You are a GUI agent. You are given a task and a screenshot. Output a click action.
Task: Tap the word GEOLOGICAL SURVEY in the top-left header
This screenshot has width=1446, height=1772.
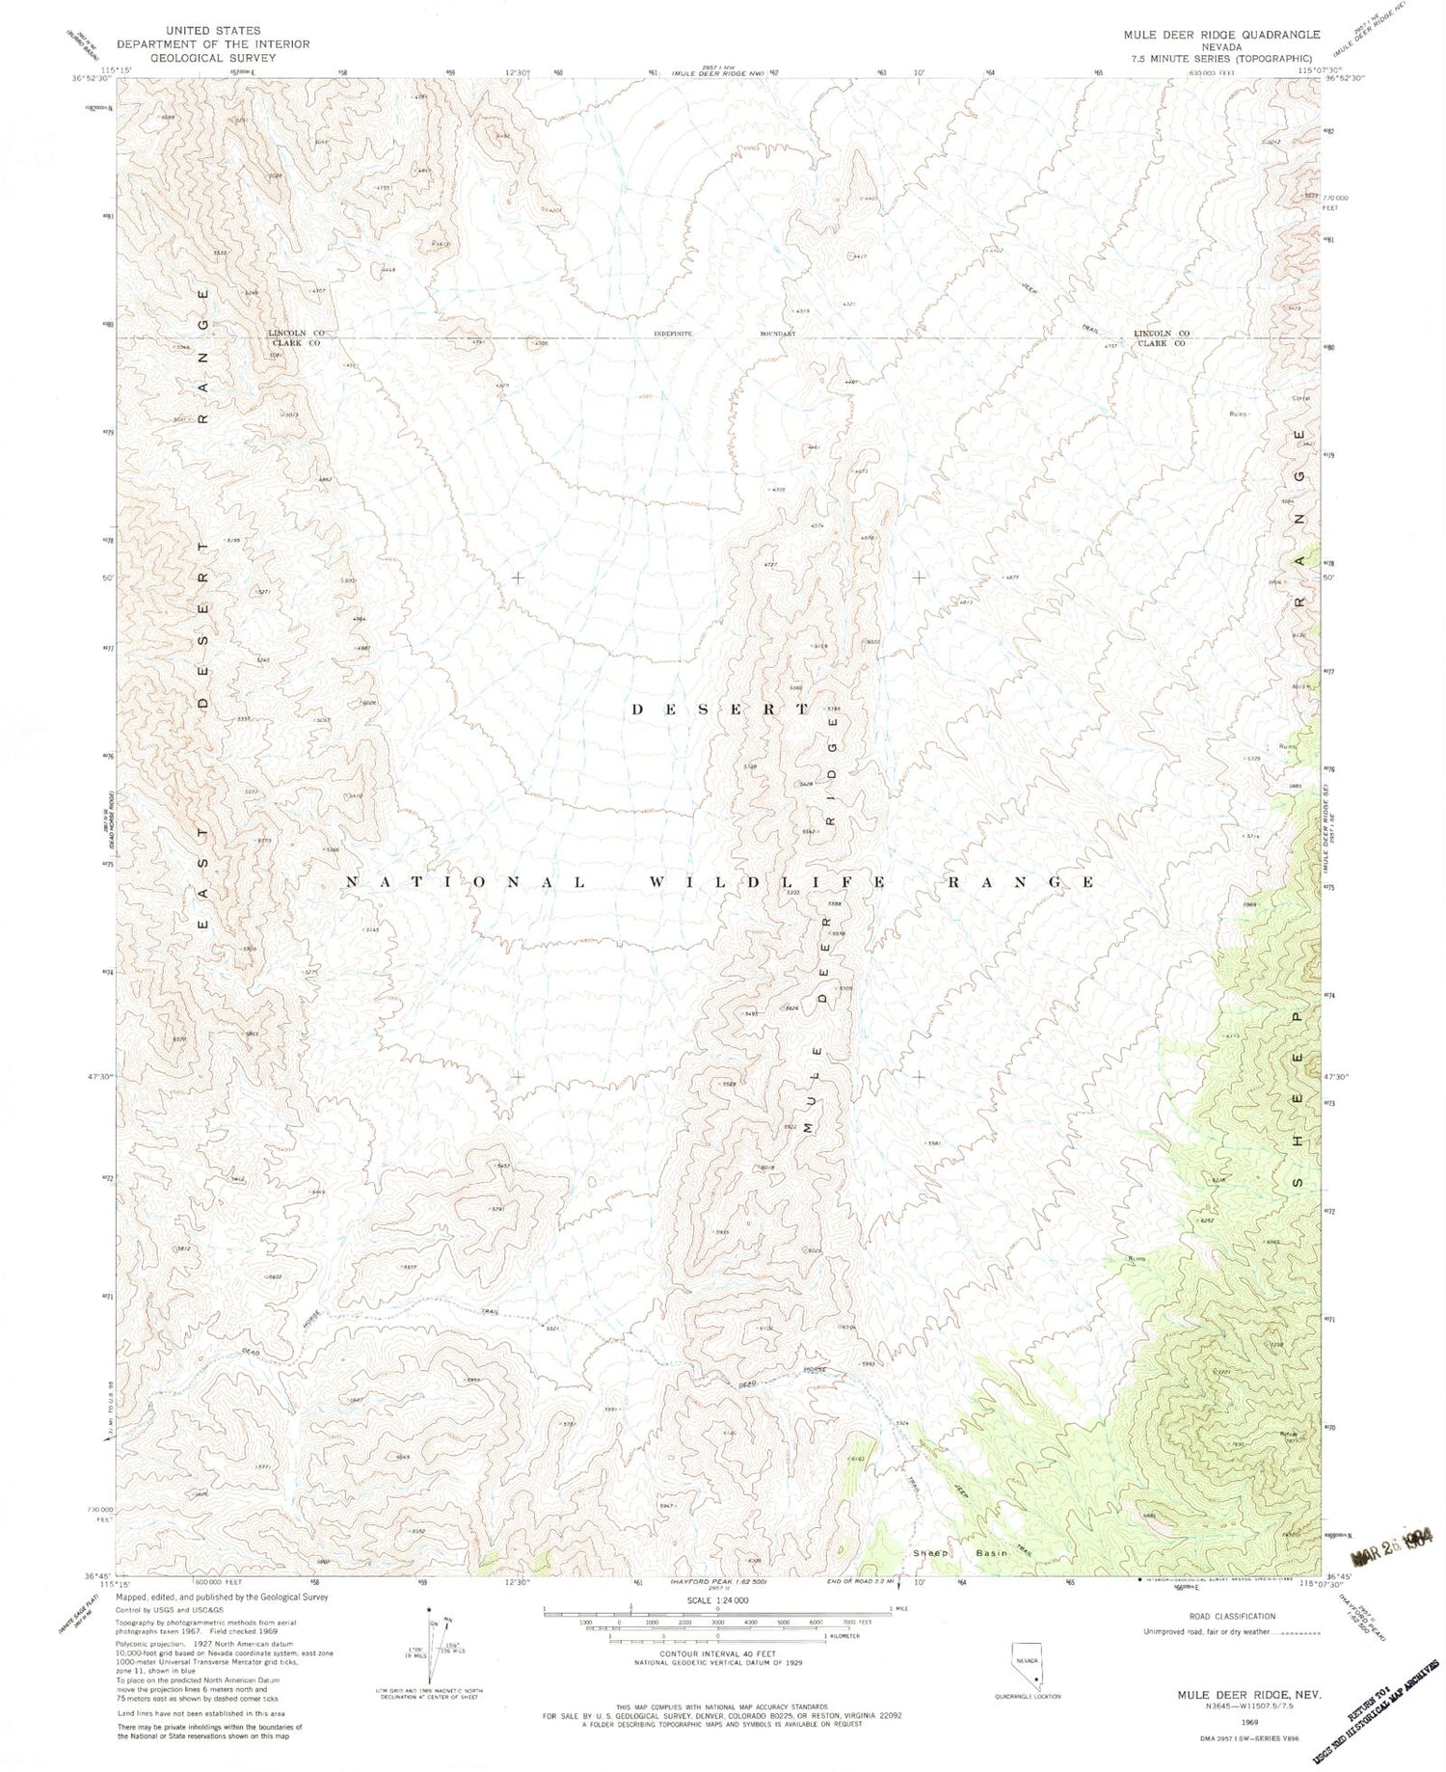[213, 57]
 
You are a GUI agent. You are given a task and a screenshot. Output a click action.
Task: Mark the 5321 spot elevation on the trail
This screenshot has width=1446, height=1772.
[552, 1329]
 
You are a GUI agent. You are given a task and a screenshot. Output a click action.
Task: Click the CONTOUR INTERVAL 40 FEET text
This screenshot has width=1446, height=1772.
[718, 1654]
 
